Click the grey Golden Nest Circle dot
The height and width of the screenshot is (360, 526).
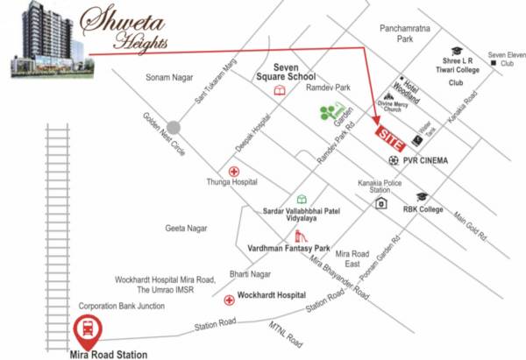point(175,126)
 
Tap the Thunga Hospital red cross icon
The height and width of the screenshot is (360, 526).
point(233,171)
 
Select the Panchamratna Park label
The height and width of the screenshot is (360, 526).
point(409,34)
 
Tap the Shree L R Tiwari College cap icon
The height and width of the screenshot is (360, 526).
point(457,52)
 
